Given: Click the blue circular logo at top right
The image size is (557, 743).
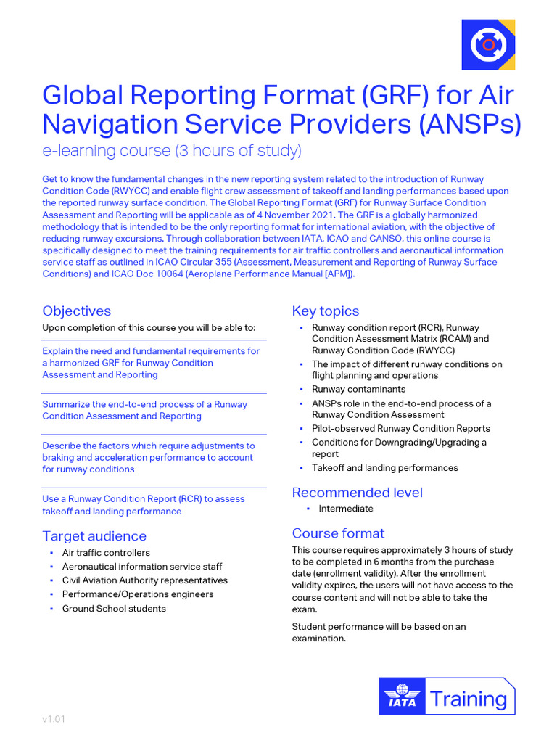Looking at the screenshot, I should (x=488, y=44).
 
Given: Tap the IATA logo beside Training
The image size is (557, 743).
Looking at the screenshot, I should (x=402, y=697).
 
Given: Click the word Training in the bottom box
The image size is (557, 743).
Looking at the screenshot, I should (x=468, y=699).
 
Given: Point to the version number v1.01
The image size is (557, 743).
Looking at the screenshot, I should (x=54, y=720).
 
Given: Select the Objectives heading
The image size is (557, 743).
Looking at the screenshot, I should (x=77, y=311).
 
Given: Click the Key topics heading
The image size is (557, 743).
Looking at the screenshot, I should (x=326, y=311).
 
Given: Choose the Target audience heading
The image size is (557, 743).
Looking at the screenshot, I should (x=94, y=536).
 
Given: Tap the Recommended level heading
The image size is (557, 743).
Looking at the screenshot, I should (x=357, y=493).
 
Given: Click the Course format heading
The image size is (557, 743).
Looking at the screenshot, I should (x=338, y=533).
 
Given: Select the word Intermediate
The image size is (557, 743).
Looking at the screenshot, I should (x=346, y=509).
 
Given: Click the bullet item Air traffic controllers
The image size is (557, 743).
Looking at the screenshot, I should (x=106, y=553).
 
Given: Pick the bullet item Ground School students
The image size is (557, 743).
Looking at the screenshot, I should (x=114, y=609).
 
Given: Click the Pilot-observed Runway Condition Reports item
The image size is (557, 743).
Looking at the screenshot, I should (x=401, y=429).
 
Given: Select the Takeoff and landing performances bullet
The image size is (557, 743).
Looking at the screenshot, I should (x=385, y=468).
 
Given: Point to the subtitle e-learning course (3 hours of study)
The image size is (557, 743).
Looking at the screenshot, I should (x=172, y=152).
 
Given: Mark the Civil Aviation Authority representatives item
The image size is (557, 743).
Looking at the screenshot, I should (x=145, y=580).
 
